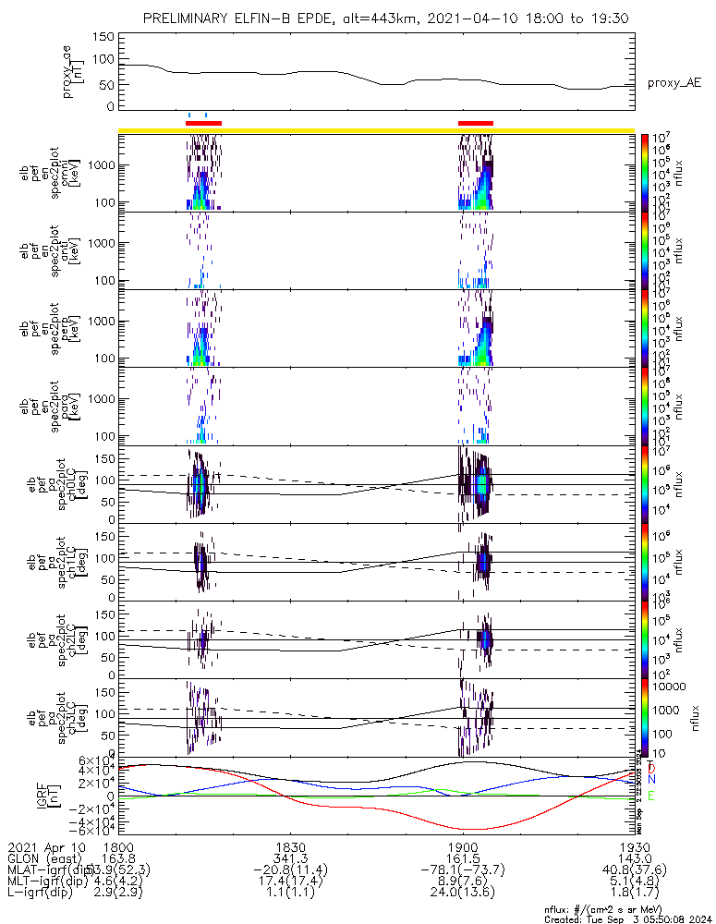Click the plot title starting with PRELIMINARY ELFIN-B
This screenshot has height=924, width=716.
click(379, 18)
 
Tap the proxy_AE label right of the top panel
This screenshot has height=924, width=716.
click(674, 83)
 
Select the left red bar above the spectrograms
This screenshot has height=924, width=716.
click(203, 122)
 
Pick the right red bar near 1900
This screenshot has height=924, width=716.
click(476, 122)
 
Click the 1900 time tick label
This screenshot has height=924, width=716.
click(461, 845)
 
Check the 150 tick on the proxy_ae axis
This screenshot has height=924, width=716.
click(103, 37)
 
